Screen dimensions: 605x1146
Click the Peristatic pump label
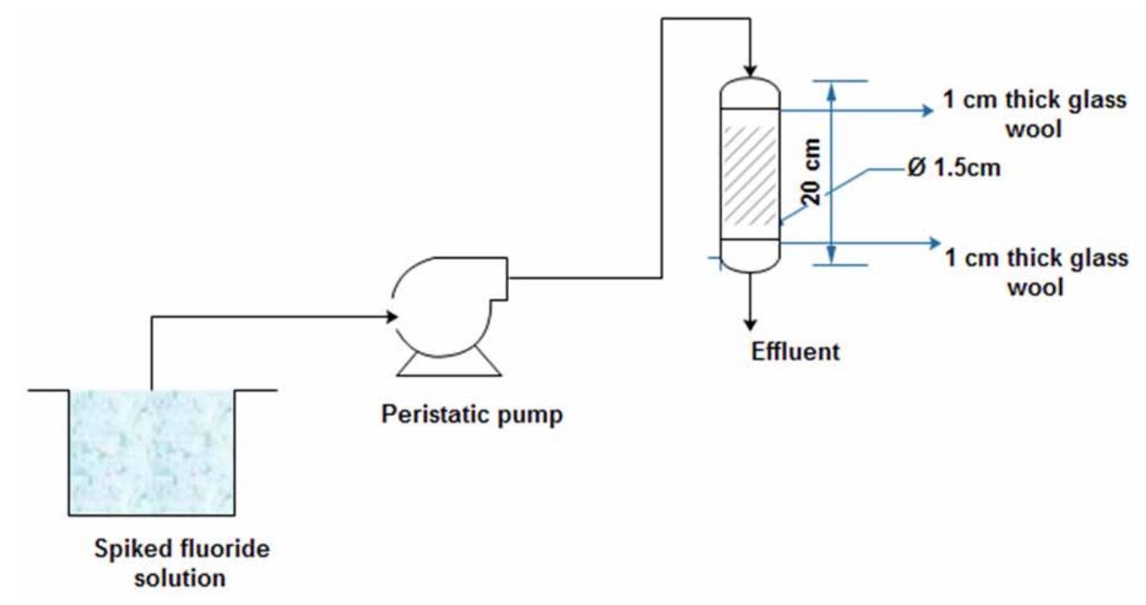(x=472, y=415)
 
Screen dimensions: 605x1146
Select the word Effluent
(x=795, y=352)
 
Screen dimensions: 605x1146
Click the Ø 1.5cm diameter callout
(x=953, y=167)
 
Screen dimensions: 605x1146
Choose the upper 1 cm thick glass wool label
(x=1034, y=114)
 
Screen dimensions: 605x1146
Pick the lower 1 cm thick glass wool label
(x=1036, y=271)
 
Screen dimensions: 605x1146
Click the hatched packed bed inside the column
(x=749, y=176)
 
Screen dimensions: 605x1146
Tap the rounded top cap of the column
(x=749, y=93)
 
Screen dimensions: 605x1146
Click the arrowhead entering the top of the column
(x=751, y=69)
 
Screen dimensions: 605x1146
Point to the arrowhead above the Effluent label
(x=751, y=324)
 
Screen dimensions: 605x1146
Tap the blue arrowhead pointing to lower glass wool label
(x=935, y=244)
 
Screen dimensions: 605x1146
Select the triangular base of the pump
(x=448, y=365)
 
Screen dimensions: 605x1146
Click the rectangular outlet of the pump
(x=494, y=279)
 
